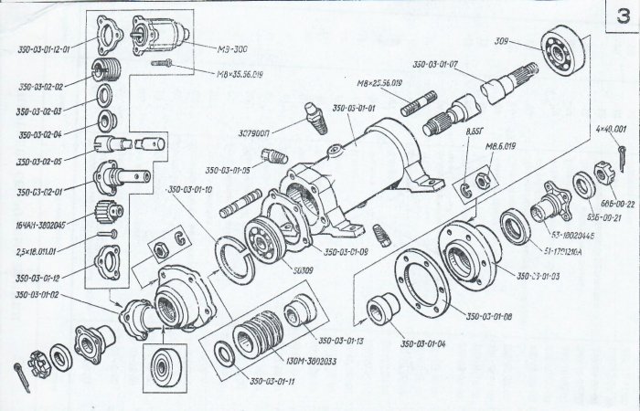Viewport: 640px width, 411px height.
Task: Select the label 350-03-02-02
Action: tap(36, 87)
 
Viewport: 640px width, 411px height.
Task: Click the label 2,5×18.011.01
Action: tap(36, 247)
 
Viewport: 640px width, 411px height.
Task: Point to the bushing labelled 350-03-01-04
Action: tap(378, 311)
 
